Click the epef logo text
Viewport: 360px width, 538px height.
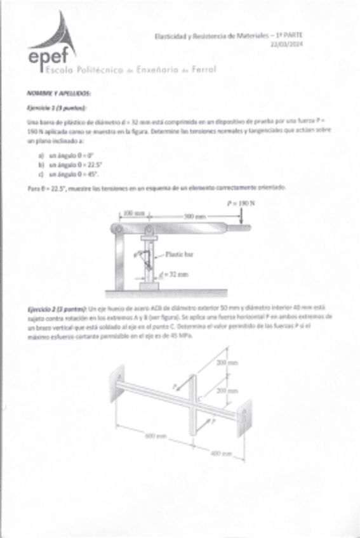click(48, 57)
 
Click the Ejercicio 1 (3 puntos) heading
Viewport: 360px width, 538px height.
click(57, 108)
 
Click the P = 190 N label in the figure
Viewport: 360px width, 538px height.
click(239, 204)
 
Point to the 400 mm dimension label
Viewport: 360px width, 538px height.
click(220, 453)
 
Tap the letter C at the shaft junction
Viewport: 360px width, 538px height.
click(200, 398)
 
